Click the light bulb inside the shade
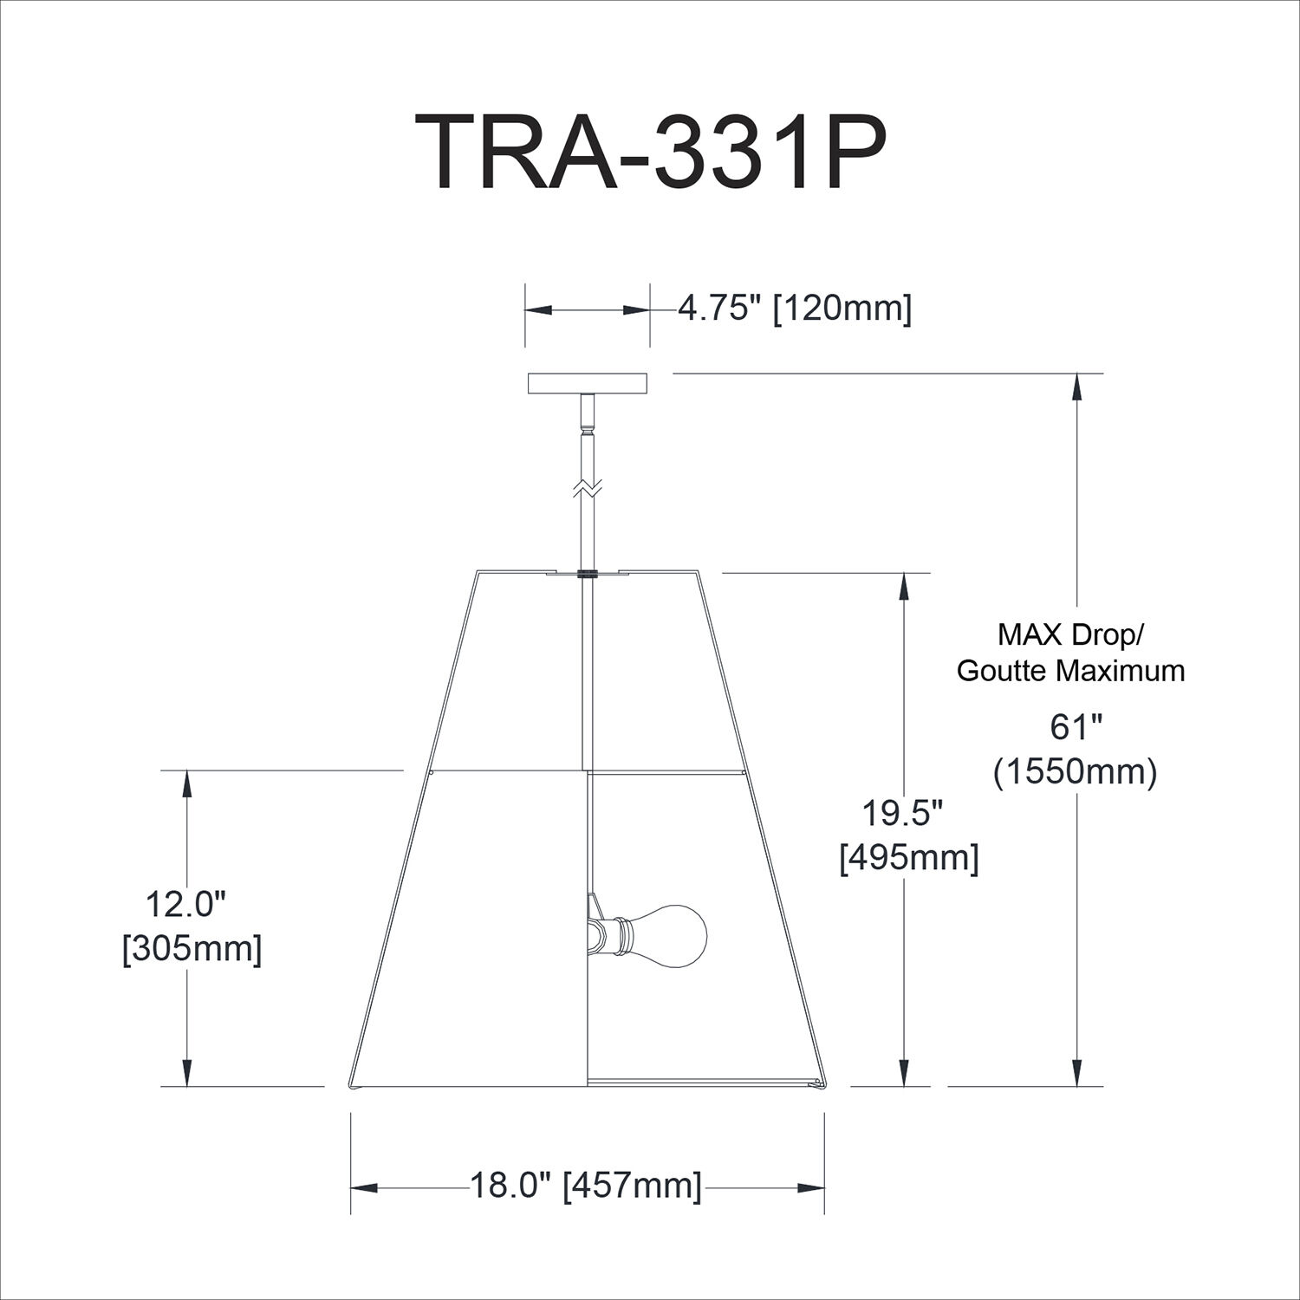pyautogui.click(x=673, y=933)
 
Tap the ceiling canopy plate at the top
pyautogui.click(x=588, y=383)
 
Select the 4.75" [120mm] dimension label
pyautogui.click(x=794, y=308)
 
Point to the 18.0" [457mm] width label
pyautogui.click(x=586, y=1186)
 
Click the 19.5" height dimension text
pyautogui.click(x=902, y=814)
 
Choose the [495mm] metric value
pyautogui.click(x=909, y=858)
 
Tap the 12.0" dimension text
pyautogui.click(x=185, y=905)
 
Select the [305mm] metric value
pyautogui.click(x=192, y=949)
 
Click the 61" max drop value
pyautogui.click(x=1075, y=728)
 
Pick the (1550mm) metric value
pyautogui.click(x=1076, y=771)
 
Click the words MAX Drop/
pyautogui.click(x=1070, y=634)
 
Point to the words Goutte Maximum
pyautogui.click(x=1070, y=670)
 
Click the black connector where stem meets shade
pyautogui.click(x=588, y=573)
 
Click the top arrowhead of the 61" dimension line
pyautogui.click(x=1077, y=387)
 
